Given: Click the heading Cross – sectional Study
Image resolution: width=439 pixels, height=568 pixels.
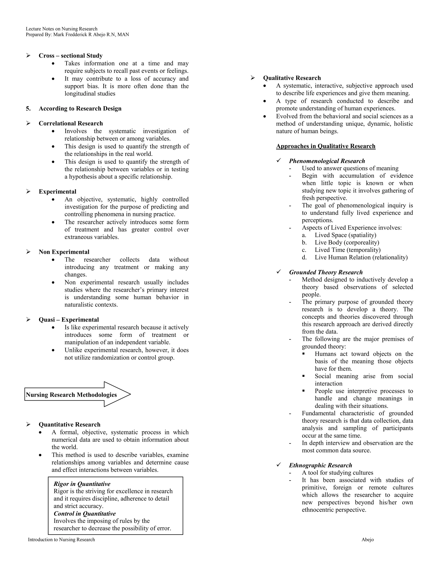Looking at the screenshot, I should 71,56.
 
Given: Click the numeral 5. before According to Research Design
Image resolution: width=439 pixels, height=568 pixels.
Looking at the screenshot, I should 28,108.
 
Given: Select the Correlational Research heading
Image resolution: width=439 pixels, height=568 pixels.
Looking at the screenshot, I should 71,123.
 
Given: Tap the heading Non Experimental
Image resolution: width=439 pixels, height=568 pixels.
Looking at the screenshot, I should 64,252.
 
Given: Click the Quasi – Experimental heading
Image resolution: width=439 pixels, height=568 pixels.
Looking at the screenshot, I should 69,320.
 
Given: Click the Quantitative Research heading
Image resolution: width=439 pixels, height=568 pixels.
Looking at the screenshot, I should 69,424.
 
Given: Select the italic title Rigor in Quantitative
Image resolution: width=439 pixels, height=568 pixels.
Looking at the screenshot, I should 82,484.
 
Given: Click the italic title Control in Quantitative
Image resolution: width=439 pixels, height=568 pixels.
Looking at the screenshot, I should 84,513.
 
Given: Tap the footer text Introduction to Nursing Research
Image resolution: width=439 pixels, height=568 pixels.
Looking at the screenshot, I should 61,539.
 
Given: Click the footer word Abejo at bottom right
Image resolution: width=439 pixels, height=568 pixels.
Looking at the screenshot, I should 367,539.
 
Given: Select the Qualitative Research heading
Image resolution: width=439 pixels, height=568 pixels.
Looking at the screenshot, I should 292,78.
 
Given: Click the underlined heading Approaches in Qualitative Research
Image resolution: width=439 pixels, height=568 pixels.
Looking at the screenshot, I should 326,146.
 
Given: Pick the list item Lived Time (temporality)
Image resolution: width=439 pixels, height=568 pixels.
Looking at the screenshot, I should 347,250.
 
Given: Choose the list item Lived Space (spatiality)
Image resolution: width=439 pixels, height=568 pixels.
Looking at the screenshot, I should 345,235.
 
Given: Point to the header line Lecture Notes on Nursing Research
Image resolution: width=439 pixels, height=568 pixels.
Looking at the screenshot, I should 62,29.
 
